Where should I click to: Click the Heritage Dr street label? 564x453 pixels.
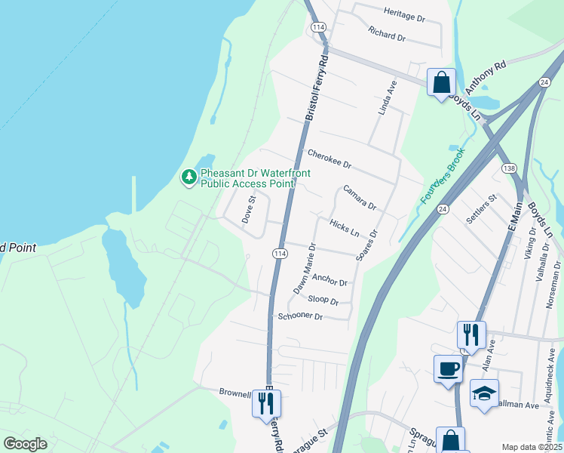(x=404, y=13)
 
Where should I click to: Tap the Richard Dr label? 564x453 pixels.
(x=387, y=34)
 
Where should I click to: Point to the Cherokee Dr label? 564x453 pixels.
(x=330, y=159)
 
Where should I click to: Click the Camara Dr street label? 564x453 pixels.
(x=359, y=198)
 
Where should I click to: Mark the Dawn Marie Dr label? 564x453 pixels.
(x=304, y=269)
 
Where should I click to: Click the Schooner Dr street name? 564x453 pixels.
(x=300, y=316)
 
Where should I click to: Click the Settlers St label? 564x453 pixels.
(x=483, y=209)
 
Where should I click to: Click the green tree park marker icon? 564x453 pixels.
(x=189, y=177)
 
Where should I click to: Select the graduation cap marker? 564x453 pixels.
(x=484, y=393)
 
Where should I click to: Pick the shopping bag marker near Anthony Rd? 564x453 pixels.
(x=441, y=82)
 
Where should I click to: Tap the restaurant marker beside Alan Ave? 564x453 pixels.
(x=471, y=334)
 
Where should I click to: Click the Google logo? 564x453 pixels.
(x=25, y=444)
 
